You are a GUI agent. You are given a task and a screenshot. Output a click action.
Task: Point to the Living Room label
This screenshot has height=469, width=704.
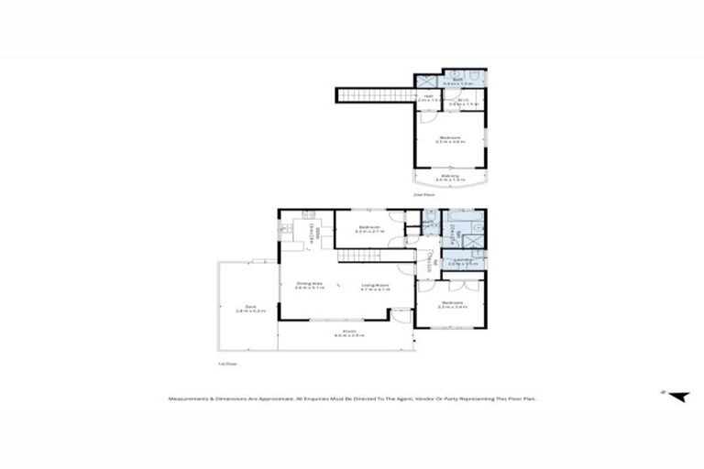(x=376, y=284)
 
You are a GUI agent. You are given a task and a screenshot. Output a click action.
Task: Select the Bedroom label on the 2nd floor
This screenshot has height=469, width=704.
(x=450, y=138)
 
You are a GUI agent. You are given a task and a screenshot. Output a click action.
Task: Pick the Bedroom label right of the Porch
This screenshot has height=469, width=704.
(x=452, y=302)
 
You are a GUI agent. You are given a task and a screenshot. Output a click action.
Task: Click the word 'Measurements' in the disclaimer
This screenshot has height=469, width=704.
(x=189, y=398)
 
